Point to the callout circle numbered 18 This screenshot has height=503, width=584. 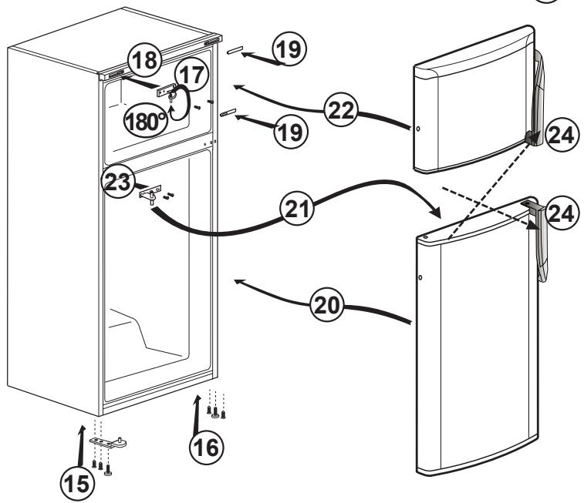click(144, 59)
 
